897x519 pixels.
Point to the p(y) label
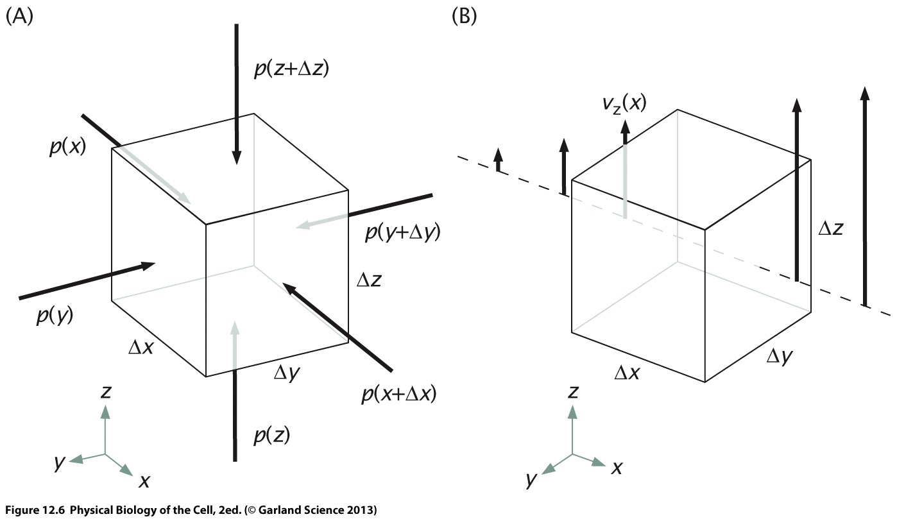pos(55,317)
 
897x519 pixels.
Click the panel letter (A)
pos(19,16)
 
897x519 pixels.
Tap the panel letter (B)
pos(465,16)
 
